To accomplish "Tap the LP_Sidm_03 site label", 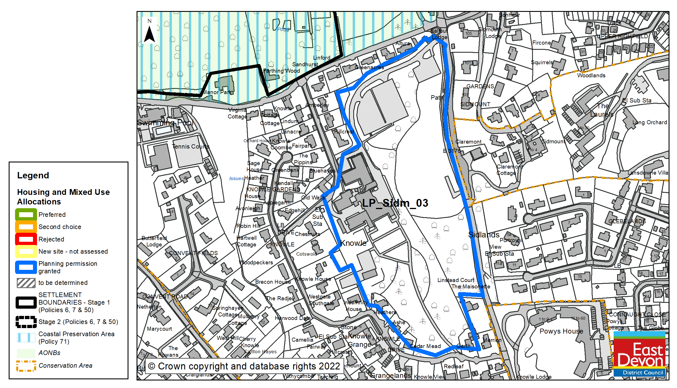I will pyautogui.click(x=395, y=203).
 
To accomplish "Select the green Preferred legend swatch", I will pyautogui.click(x=26, y=215).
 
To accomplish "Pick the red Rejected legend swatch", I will pyautogui.click(x=26, y=239).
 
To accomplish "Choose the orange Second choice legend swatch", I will pyautogui.click(x=26, y=227).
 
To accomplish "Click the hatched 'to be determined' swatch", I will pyautogui.click(x=26, y=283).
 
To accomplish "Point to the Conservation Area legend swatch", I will pyautogui.click(x=26, y=366).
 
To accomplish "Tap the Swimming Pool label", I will pyautogui.click(x=165, y=123).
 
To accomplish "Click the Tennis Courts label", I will pyautogui.click(x=190, y=147).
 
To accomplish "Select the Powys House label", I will pyautogui.click(x=561, y=331).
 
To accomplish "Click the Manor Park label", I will pyautogui.click(x=217, y=92).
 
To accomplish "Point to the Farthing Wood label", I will pyautogui.click(x=281, y=71).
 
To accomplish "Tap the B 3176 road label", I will pyautogui.click(x=452, y=151).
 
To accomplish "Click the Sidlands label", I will pyautogui.click(x=484, y=235).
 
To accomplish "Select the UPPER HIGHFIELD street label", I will pyautogui.click(x=622, y=36).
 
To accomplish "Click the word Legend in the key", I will pyautogui.click(x=33, y=175).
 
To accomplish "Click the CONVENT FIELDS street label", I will pyautogui.click(x=193, y=253).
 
